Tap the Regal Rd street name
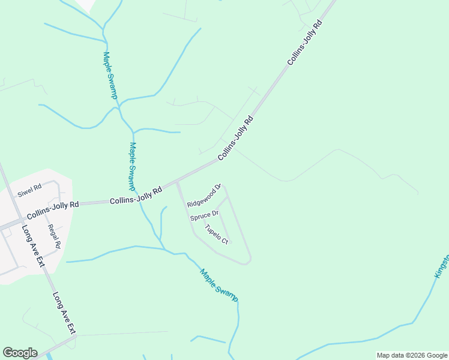pos(54,236)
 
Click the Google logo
pos(20,353)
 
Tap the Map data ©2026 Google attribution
pos(412,355)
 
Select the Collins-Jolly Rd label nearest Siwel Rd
pos(53,209)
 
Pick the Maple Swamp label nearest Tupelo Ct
pos(219,285)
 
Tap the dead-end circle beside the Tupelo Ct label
pos(229,242)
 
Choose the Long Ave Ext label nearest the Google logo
pos(64,313)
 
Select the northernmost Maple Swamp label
pos(110,75)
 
